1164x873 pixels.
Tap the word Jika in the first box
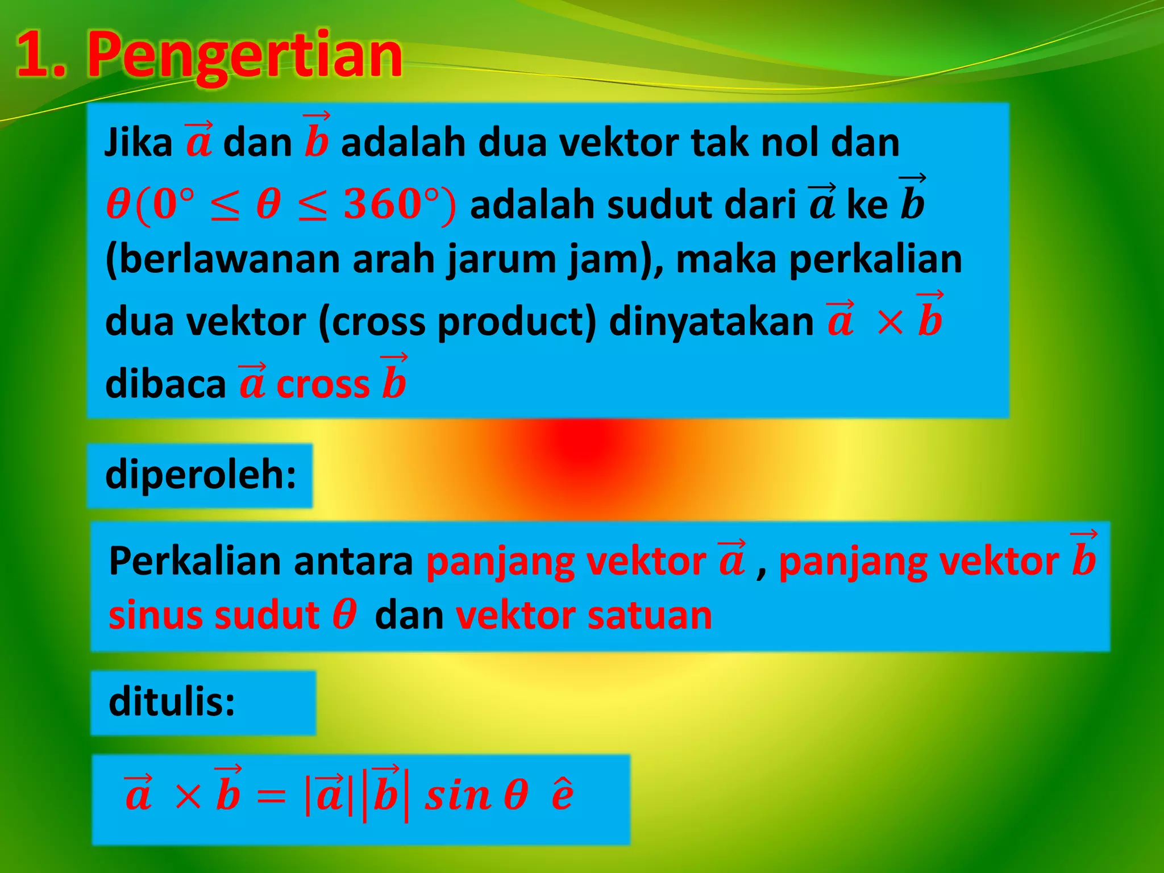click(138, 142)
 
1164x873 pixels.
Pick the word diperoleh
click(200, 475)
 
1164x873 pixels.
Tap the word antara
click(353, 562)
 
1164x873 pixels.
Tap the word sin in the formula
click(458, 796)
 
